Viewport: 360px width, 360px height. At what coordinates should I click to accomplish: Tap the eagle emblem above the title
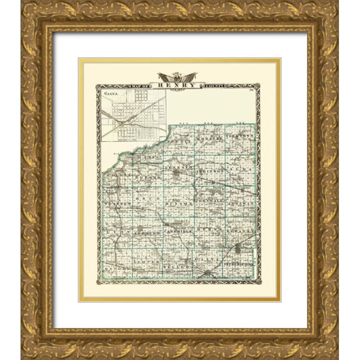point(178,76)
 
